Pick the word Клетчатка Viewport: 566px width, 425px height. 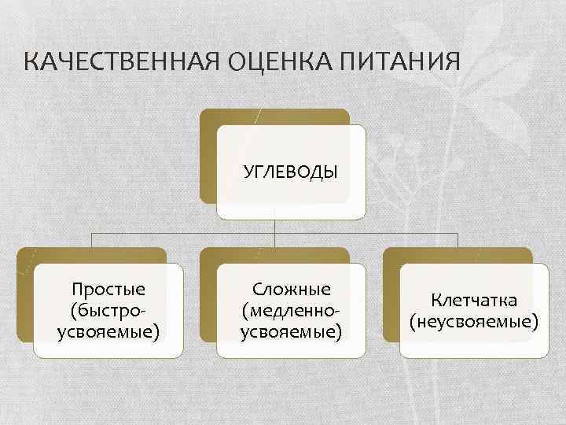pyautogui.click(x=473, y=300)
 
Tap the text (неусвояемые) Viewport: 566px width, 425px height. pyautogui.click(x=473, y=321)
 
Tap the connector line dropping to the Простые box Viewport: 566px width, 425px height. pyautogui.click(x=92, y=240)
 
